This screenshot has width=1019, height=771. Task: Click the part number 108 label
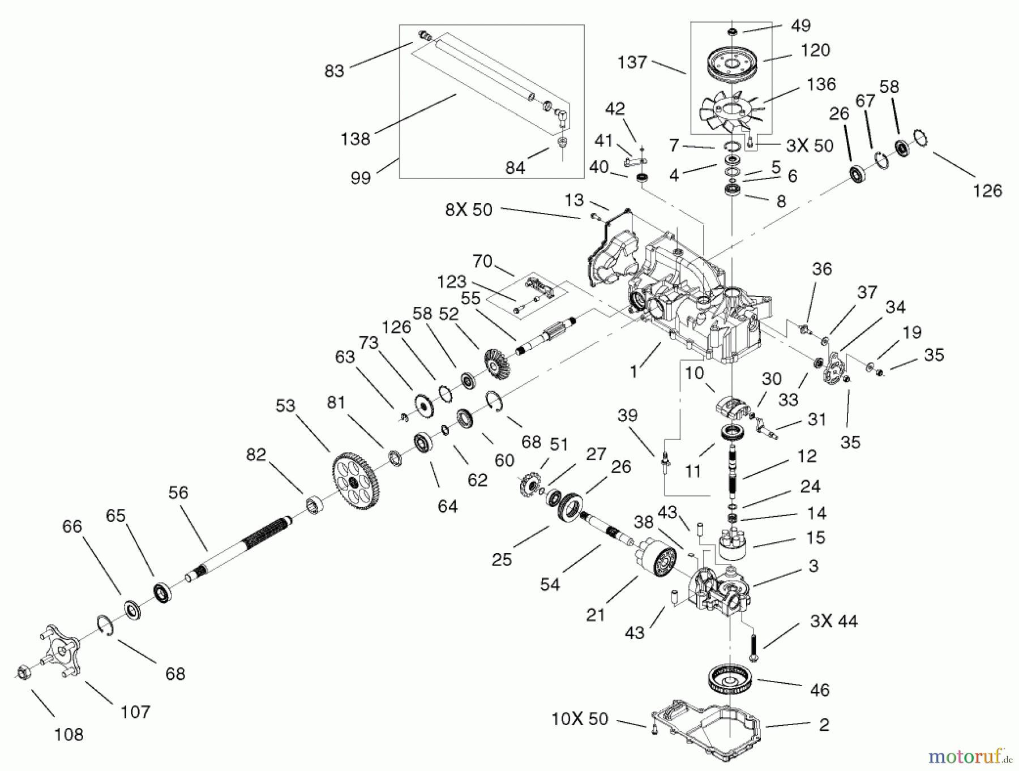click(68, 734)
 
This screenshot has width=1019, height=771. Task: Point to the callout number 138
click(355, 139)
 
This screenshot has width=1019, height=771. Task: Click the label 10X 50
click(579, 719)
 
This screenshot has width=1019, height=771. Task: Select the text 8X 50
click(469, 210)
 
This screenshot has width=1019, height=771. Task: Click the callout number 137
click(632, 62)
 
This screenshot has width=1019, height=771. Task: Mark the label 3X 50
click(810, 145)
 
